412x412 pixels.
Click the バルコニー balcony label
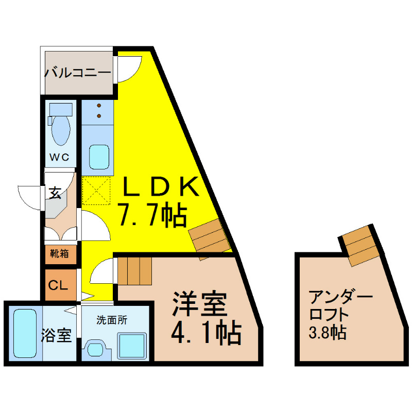tap(78, 72)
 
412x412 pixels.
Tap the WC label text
tap(59, 157)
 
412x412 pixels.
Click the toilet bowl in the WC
tap(61, 130)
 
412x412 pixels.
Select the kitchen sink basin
tap(99, 157)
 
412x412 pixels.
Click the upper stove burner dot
tap(99, 106)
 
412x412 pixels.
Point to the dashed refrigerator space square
tap(96, 191)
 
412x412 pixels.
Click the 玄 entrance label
tap(55, 193)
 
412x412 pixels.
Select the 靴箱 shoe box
tap(61, 254)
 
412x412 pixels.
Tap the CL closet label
tap(58, 285)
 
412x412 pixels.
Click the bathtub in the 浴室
tap(25, 333)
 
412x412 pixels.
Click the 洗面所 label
tap(112, 320)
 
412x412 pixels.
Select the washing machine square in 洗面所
tap(132, 346)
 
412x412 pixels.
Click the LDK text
tap(161, 186)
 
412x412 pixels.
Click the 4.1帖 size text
tap(207, 331)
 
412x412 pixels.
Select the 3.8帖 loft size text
tap(328, 332)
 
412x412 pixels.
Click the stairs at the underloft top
tap(359, 246)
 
